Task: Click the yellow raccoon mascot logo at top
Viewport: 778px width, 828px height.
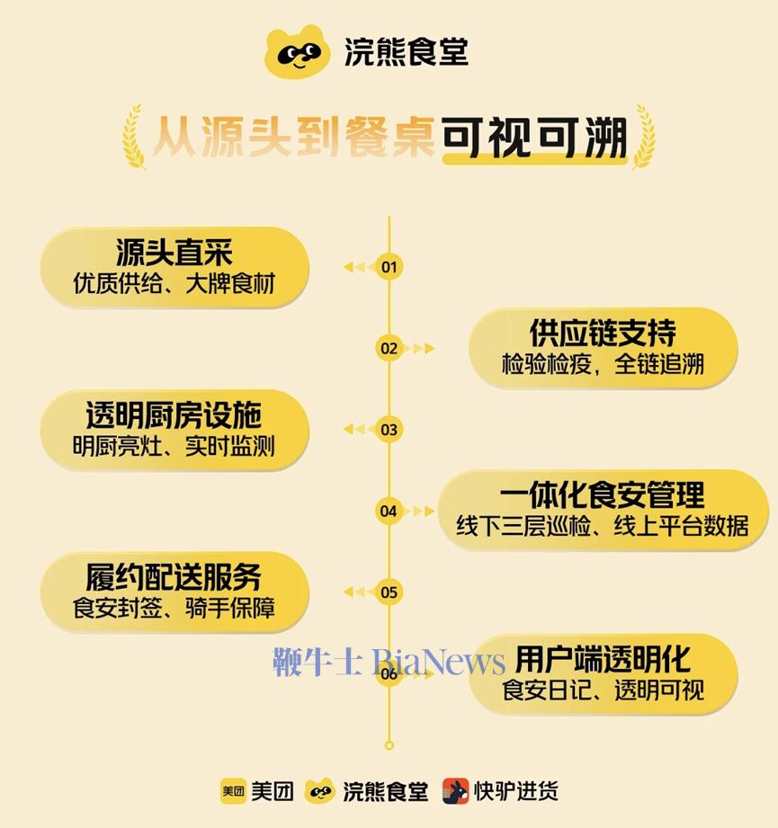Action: point(298,52)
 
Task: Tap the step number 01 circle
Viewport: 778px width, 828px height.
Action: point(389,267)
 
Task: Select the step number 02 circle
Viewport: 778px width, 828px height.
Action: point(389,348)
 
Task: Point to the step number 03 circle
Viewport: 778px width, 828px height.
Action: point(389,430)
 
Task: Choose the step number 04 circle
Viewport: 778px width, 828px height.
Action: point(389,511)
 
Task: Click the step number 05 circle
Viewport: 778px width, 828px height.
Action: point(389,592)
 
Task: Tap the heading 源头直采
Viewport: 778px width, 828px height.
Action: point(174,253)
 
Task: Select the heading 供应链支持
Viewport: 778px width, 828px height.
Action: point(603,333)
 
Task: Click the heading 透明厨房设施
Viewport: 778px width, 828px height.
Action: point(174,415)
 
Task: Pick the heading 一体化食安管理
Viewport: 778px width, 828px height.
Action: point(602,495)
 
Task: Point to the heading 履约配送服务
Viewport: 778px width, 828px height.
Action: point(174,577)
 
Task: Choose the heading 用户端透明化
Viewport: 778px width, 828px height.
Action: point(603,659)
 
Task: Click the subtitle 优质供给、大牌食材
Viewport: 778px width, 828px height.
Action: point(174,283)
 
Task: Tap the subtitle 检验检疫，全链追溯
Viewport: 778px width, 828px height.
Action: point(603,364)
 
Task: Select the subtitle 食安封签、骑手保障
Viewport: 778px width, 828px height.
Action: point(174,608)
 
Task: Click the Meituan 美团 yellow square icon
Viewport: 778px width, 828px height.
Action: point(233,791)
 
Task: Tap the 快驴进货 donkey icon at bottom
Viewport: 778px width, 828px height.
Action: point(455,791)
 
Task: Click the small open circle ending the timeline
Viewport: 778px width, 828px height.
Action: point(389,745)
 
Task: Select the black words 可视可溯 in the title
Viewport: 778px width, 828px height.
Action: point(534,138)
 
